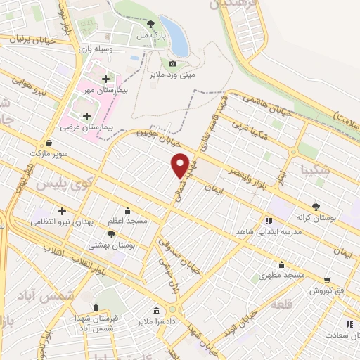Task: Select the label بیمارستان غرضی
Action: click(x=86, y=128)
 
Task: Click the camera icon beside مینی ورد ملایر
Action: click(x=172, y=63)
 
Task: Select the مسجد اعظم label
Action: click(x=127, y=221)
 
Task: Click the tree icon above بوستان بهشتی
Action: click(x=110, y=233)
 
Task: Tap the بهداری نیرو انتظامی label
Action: click(x=62, y=221)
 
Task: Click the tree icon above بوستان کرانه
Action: click(x=315, y=207)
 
